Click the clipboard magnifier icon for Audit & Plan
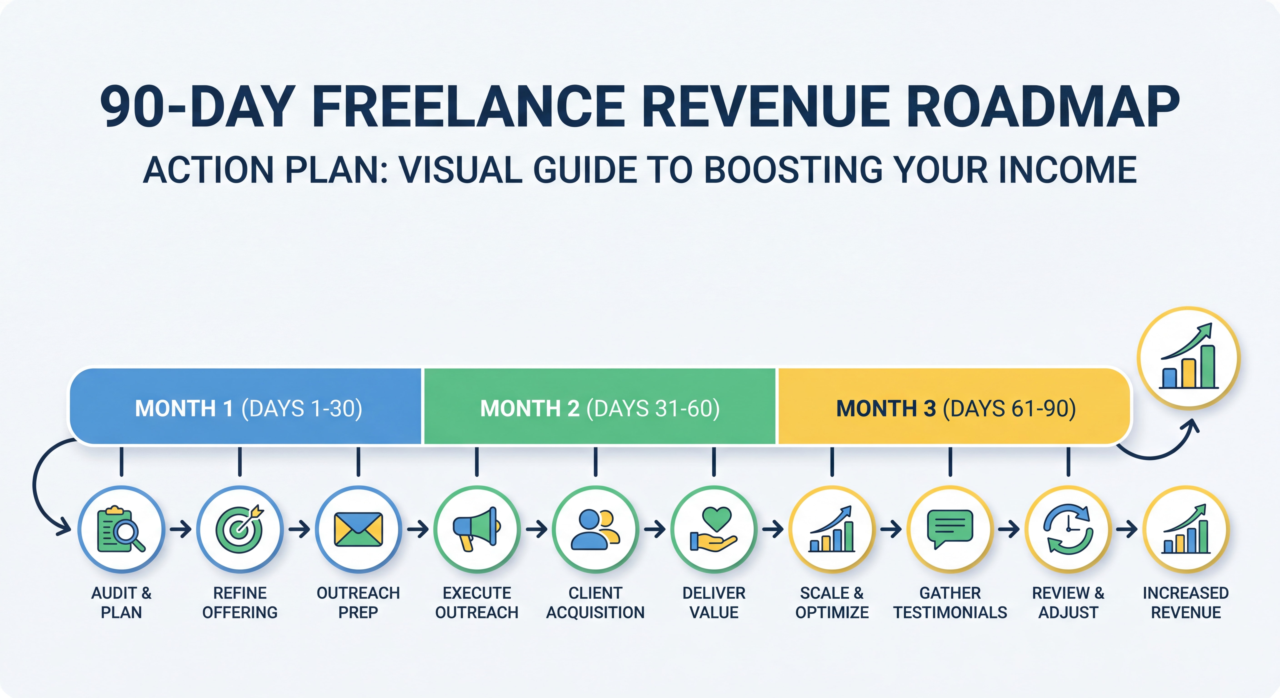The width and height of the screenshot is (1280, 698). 121,530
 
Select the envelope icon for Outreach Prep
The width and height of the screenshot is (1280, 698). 358,530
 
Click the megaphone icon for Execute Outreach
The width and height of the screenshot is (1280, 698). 477,530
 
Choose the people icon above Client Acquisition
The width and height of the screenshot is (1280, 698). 595,530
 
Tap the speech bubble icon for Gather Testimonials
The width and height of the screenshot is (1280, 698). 950,530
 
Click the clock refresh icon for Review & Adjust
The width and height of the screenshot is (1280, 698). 1068,530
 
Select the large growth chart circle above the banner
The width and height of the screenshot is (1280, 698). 1189,358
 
